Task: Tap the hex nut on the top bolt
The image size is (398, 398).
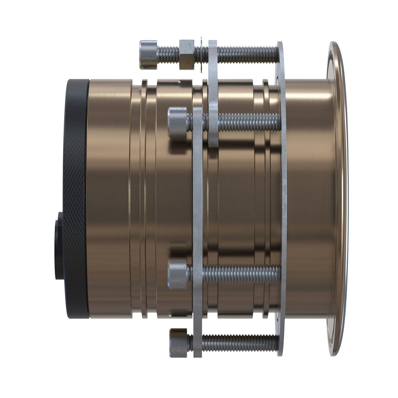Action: point(187,54)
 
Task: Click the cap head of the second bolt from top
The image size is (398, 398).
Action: point(178,121)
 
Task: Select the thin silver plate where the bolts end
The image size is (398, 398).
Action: point(283,199)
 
